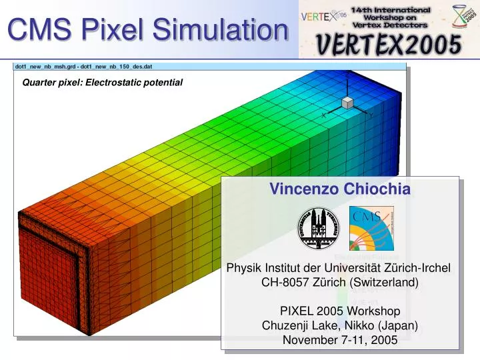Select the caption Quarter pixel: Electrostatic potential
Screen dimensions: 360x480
coord(103,82)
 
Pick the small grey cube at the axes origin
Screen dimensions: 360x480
coord(347,102)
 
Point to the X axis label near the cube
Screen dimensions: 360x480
coord(324,115)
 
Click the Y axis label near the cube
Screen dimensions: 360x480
coord(371,115)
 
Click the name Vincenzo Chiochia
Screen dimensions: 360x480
coord(340,189)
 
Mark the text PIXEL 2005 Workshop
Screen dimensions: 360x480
coord(340,311)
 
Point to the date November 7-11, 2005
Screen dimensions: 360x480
coord(340,340)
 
